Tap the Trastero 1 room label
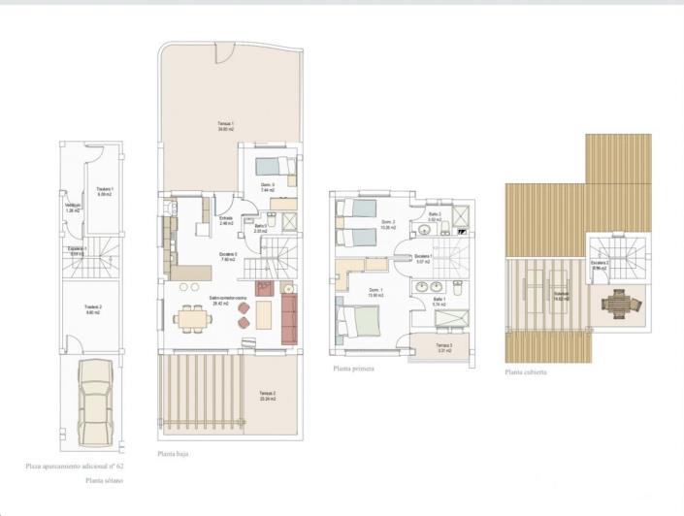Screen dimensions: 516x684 (x=105, y=191)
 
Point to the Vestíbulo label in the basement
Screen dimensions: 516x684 (x=72, y=207)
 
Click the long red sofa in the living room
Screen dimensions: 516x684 (x=289, y=319)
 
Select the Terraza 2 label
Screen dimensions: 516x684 (x=268, y=395)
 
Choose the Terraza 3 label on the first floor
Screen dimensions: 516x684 (x=443, y=347)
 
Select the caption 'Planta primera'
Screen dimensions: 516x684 (x=353, y=369)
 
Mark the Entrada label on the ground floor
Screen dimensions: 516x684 (x=226, y=221)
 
